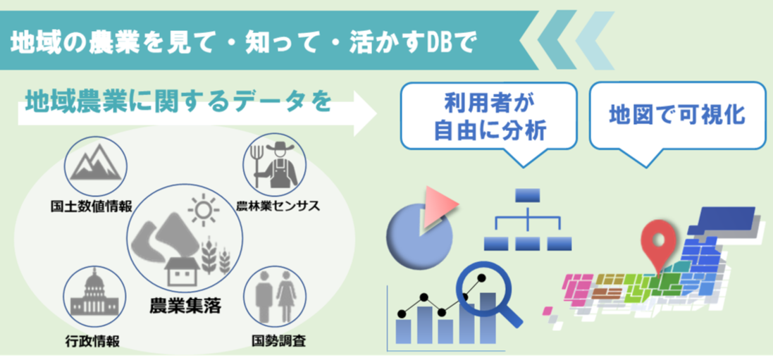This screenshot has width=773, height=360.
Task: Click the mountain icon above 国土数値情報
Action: pyautogui.click(x=96, y=163)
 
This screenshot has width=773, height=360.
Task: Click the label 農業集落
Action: pyautogui.click(x=185, y=306)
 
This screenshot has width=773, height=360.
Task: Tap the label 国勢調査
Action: pyautogui.click(x=278, y=340)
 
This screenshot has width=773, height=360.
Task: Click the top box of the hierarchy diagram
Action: pyautogui.click(x=528, y=195)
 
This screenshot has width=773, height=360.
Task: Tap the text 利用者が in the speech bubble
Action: pyautogui.click(x=489, y=104)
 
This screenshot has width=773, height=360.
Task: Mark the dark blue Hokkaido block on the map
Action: pyautogui.click(x=722, y=220)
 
